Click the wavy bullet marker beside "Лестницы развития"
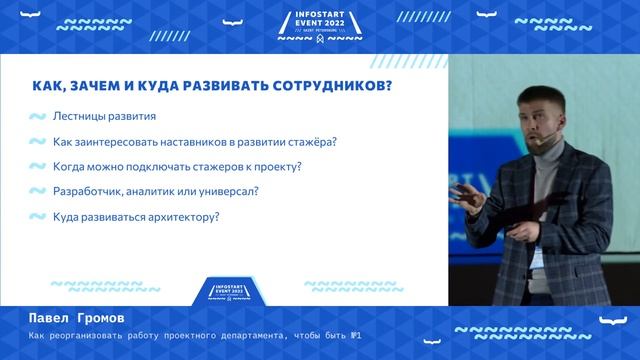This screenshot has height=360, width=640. pyautogui.click(x=37, y=117)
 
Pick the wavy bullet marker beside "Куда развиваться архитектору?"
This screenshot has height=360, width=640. pyautogui.click(x=37, y=217)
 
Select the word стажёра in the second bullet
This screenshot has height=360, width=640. pyautogui.click(x=311, y=141)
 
